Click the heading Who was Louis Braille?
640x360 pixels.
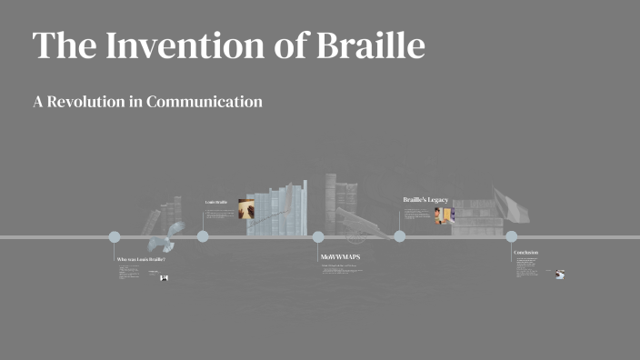(141, 260)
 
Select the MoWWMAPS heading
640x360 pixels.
(341, 257)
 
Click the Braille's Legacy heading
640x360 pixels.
(425, 199)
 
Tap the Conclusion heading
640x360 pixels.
(525, 252)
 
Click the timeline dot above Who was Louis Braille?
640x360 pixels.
(115, 237)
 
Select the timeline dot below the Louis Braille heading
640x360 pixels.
(203, 237)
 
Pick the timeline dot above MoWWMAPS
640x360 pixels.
(318, 237)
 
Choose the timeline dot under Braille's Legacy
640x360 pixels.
(400, 237)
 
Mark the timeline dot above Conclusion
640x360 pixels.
(511, 237)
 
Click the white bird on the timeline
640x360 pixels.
(164, 238)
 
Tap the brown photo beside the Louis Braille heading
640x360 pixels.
(246, 209)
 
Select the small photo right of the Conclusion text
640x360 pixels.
(560, 274)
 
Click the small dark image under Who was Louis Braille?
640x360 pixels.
(165, 277)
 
